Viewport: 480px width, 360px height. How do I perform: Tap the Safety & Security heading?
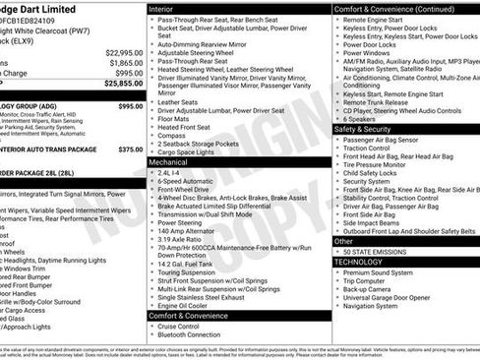click(x=364, y=129)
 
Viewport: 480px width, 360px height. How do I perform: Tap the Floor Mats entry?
click(x=179, y=118)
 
